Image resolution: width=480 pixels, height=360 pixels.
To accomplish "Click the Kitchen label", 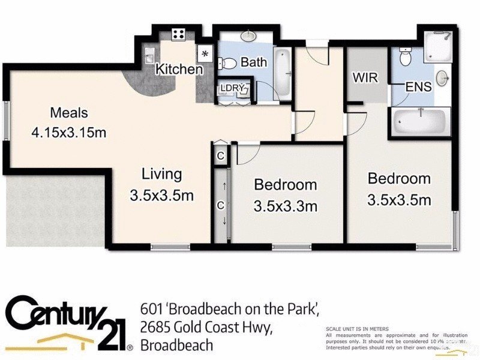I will (x=179, y=69).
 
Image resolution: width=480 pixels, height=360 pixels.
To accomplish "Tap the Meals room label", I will (x=69, y=112).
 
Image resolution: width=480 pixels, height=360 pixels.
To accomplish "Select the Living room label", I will (x=161, y=174).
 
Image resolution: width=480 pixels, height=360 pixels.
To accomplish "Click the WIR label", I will (x=365, y=77).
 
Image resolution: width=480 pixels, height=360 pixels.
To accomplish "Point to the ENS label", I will (x=418, y=86).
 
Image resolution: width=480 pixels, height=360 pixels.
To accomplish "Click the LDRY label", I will (x=232, y=88).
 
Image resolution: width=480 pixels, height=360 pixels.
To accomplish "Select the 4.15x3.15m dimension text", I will (x=69, y=133).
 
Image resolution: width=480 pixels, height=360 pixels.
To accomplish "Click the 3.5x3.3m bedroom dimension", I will (x=285, y=206).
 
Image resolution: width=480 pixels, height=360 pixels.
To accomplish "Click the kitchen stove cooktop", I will (x=178, y=34).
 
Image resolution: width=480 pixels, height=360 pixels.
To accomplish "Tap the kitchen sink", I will (x=149, y=57).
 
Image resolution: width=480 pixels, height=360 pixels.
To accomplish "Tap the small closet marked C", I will (x=221, y=156).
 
